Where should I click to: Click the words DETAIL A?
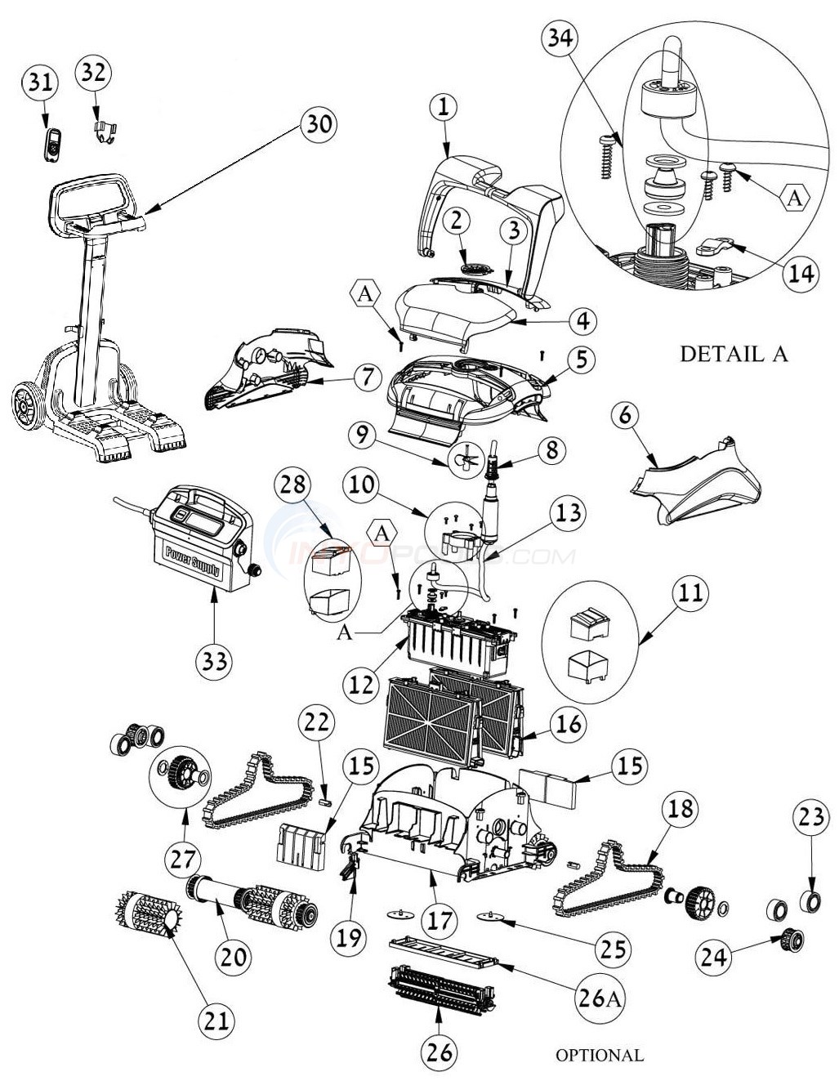pos(734,354)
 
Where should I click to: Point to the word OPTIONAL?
pos(600,1055)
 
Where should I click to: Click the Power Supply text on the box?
pos(193,561)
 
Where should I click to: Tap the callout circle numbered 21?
pos(219,1018)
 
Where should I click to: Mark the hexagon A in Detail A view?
pos(796,199)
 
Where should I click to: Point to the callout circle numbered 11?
pos(690,592)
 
